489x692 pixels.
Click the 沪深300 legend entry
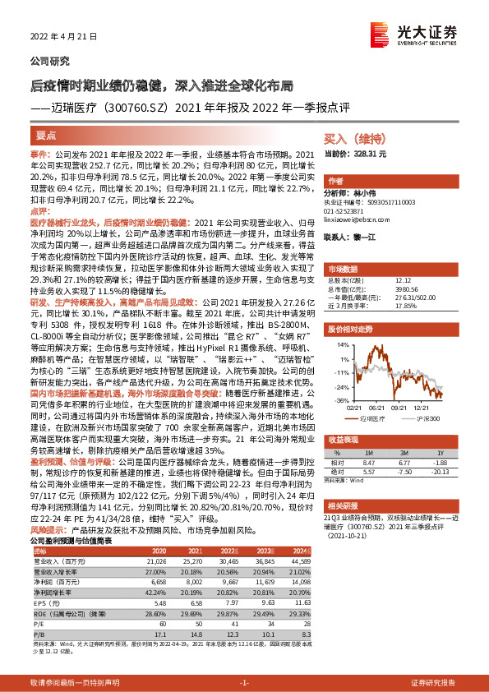(424, 417)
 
